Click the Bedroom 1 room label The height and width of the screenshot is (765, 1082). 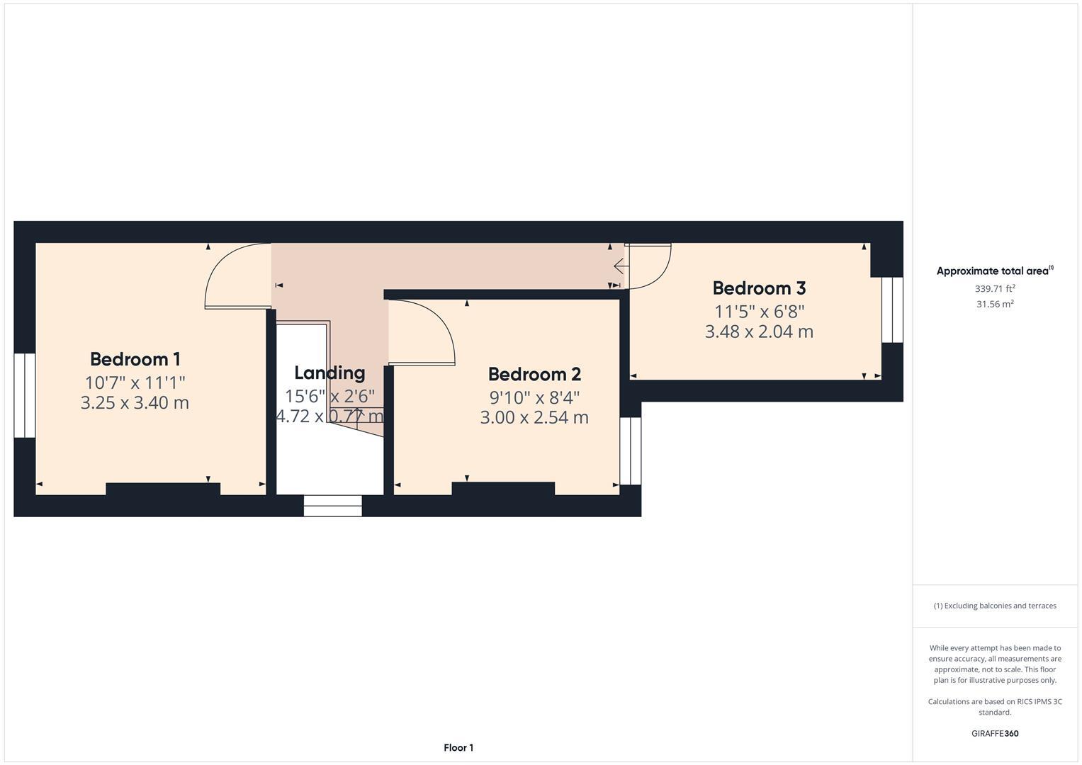point(135,359)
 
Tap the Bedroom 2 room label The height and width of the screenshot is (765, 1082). point(534,374)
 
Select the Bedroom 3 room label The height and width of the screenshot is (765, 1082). point(759,288)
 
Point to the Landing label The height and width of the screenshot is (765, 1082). point(329,373)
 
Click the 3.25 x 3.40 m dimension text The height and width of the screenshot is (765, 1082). point(135,403)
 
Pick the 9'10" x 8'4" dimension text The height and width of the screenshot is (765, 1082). point(534,397)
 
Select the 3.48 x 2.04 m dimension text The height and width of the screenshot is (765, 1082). point(759,331)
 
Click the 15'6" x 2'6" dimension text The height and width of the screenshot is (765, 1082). point(329,396)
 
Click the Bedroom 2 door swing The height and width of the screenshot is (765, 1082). point(424,331)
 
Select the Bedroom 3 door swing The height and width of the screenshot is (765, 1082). point(649,267)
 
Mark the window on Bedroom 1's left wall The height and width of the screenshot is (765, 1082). point(25,395)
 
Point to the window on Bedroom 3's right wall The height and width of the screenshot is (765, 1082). point(892,310)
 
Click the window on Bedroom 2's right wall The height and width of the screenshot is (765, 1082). point(630,450)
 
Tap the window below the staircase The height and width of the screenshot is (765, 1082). point(332,505)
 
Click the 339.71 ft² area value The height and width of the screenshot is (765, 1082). point(994,288)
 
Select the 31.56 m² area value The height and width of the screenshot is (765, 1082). point(994,304)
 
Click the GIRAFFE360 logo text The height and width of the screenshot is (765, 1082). point(994,733)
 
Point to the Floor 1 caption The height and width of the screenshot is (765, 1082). point(458,747)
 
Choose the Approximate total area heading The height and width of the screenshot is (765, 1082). point(994,271)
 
